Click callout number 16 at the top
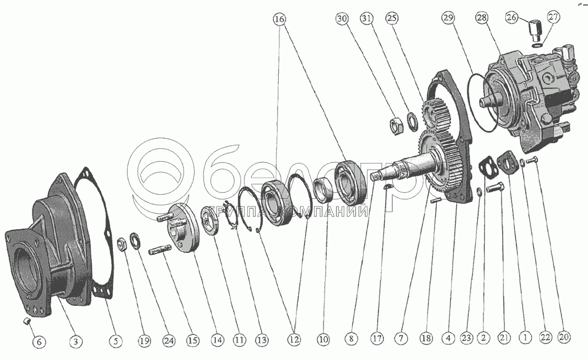[279, 19]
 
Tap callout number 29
[449, 18]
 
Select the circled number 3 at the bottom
[75, 341]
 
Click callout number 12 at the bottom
[294, 339]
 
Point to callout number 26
[512, 17]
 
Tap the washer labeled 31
[413, 122]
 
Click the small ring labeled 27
[537, 46]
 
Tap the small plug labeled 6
[26, 321]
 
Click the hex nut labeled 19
[122, 245]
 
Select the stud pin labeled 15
[160, 250]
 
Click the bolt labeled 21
[495, 188]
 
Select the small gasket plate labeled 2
[487, 168]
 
